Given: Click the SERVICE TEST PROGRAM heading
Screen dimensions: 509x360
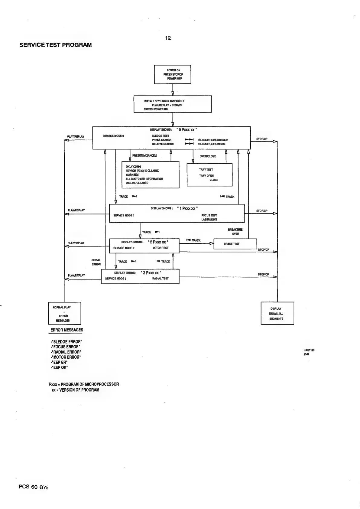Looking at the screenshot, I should coord(56,45).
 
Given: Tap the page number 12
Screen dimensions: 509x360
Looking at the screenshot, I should coord(168,38).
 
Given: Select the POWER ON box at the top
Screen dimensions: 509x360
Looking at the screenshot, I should coord(173,74).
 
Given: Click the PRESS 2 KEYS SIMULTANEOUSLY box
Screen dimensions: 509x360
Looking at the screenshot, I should coord(173,104).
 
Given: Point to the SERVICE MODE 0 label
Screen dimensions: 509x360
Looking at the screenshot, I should coord(113,136).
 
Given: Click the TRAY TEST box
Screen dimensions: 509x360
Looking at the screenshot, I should coord(210,175).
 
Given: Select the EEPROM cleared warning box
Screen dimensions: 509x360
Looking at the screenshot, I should coord(151,175).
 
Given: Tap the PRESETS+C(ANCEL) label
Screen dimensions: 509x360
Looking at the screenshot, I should coord(145,156).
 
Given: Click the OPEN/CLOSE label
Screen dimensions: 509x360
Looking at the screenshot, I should coord(208,156).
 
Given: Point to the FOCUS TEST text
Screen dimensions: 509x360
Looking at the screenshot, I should coord(209,215).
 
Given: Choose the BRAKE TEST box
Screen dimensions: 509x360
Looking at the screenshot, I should coord(235,244).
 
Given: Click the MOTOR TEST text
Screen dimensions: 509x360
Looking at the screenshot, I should coord(161,248).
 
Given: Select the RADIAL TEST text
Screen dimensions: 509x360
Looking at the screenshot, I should coord(161,279).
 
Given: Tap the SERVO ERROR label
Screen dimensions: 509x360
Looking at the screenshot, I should coord(96,262).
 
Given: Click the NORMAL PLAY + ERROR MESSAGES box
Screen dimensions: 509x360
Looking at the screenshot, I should coord(65,314).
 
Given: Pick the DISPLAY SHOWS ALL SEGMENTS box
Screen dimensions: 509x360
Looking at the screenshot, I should coord(277,314).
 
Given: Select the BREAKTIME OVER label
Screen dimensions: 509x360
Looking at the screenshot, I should coord(235,232).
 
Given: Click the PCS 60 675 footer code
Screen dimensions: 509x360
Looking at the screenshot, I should coord(33,487).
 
